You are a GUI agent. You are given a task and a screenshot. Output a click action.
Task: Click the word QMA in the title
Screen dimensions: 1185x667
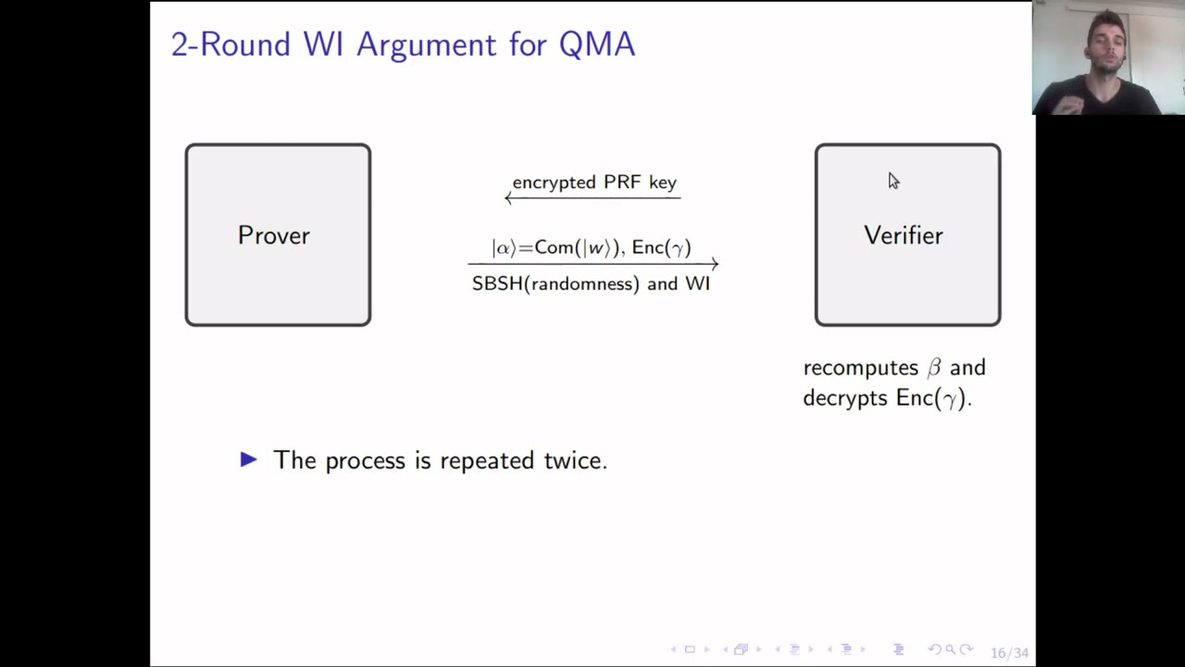pyautogui.click(x=597, y=44)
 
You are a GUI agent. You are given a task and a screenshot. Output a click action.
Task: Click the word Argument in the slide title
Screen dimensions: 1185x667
pyautogui.click(x=427, y=45)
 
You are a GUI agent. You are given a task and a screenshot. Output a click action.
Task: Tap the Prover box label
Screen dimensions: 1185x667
pyautogui.click(x=274, y=235)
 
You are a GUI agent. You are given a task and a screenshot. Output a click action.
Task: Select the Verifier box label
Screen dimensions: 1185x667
pyautogui.click(x=904, y=235)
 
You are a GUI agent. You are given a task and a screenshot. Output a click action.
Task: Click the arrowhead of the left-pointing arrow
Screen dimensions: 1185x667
pyautogui.click(x=507, y=198)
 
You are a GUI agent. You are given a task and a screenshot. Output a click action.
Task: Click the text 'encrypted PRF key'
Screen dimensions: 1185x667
pyautogui.click(x=594, y=182)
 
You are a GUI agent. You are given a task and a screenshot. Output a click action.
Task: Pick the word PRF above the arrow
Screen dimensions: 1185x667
pyautogui.click(x=622, y=182)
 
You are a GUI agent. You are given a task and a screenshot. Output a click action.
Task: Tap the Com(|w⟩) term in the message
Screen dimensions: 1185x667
pyautogui.click(x=577, y=247)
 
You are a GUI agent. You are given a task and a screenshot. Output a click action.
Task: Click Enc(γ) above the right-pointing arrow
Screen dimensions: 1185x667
pyautogui.click(x=661, y=247)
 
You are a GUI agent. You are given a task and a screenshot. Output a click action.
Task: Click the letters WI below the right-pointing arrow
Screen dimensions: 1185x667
pyautogui.click(x=697, y=283)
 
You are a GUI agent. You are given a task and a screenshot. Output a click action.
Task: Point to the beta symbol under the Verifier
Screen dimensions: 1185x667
pyautogui.click(x=934, y=368)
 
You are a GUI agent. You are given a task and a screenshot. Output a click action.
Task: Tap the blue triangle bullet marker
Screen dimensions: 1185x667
pyautogui.click(x=249, y=459)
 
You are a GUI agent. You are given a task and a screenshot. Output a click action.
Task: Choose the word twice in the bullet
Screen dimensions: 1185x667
pyautogui.click(x=576, y=460)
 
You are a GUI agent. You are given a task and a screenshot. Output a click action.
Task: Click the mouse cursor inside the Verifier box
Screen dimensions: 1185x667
pyautogui.click(x=893, y=181)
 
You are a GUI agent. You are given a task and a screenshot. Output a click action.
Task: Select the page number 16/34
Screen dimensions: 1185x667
pyautogui.click(x=1009, y=653)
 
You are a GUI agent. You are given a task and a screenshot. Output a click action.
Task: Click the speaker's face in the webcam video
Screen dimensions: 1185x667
pyautogui.click(x=1105, y=46)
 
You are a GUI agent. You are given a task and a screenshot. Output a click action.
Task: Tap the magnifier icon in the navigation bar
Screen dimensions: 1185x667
pyautogui.click(x=950, y=649)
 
